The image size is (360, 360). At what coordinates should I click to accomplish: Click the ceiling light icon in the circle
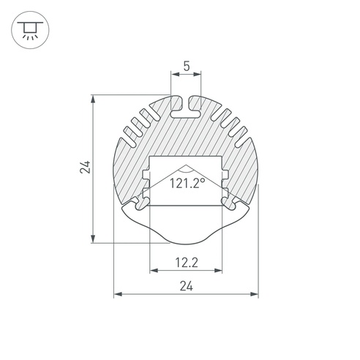click(30, 30)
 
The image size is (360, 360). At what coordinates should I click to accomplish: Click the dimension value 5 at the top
click(187, 66)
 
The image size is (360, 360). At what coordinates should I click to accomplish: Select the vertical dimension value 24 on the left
click(85, 167)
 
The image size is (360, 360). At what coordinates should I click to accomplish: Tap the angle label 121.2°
click(187, 183)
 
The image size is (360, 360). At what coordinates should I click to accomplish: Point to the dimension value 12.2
click(187, 263)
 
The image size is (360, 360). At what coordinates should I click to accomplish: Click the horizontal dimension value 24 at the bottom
click(187, 286)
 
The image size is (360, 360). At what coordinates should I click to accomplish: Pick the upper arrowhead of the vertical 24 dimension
click(93, 100)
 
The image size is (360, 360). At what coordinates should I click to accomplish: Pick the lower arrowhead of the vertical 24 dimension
click(93, 239)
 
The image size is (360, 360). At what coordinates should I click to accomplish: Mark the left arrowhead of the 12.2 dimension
click(154, 270)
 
